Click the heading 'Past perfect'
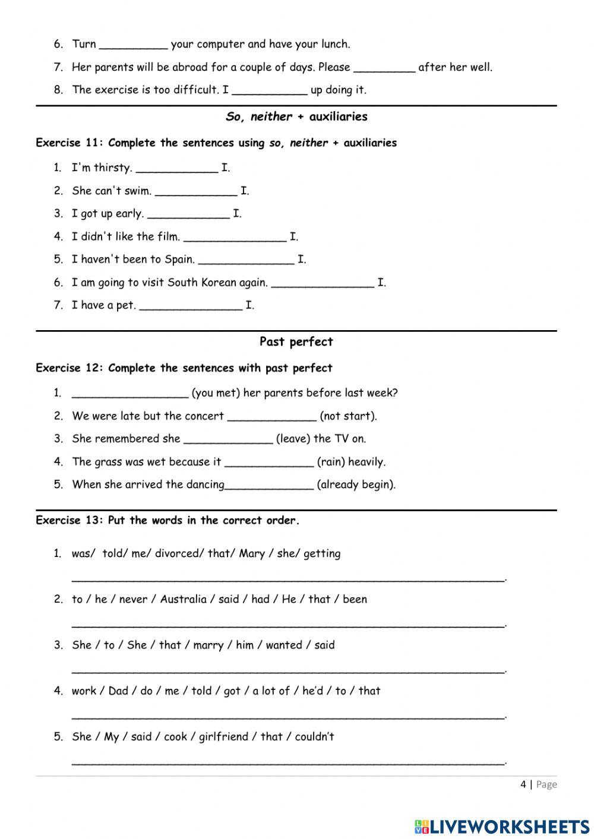point(296,341)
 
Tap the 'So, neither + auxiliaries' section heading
point(296,116)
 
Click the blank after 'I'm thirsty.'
point(176,169)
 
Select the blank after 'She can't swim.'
point(195,192)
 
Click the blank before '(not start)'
point(271,417)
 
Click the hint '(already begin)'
point(356,485)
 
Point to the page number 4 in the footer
point(523,784)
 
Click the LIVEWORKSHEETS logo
point(502,825)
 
